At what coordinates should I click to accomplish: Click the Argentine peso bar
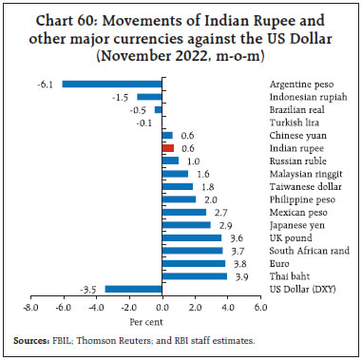click(112, 84)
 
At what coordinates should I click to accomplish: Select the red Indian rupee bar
click(168, 148)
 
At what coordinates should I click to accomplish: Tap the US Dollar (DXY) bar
click(133, 289)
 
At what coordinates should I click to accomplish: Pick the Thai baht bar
click(195, 276)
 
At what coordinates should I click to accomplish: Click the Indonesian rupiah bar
click(150, 96)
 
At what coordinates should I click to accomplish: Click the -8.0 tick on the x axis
click(31, 308)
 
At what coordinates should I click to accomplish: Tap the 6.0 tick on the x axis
click(259, 308)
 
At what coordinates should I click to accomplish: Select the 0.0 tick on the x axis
click(162, 308)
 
